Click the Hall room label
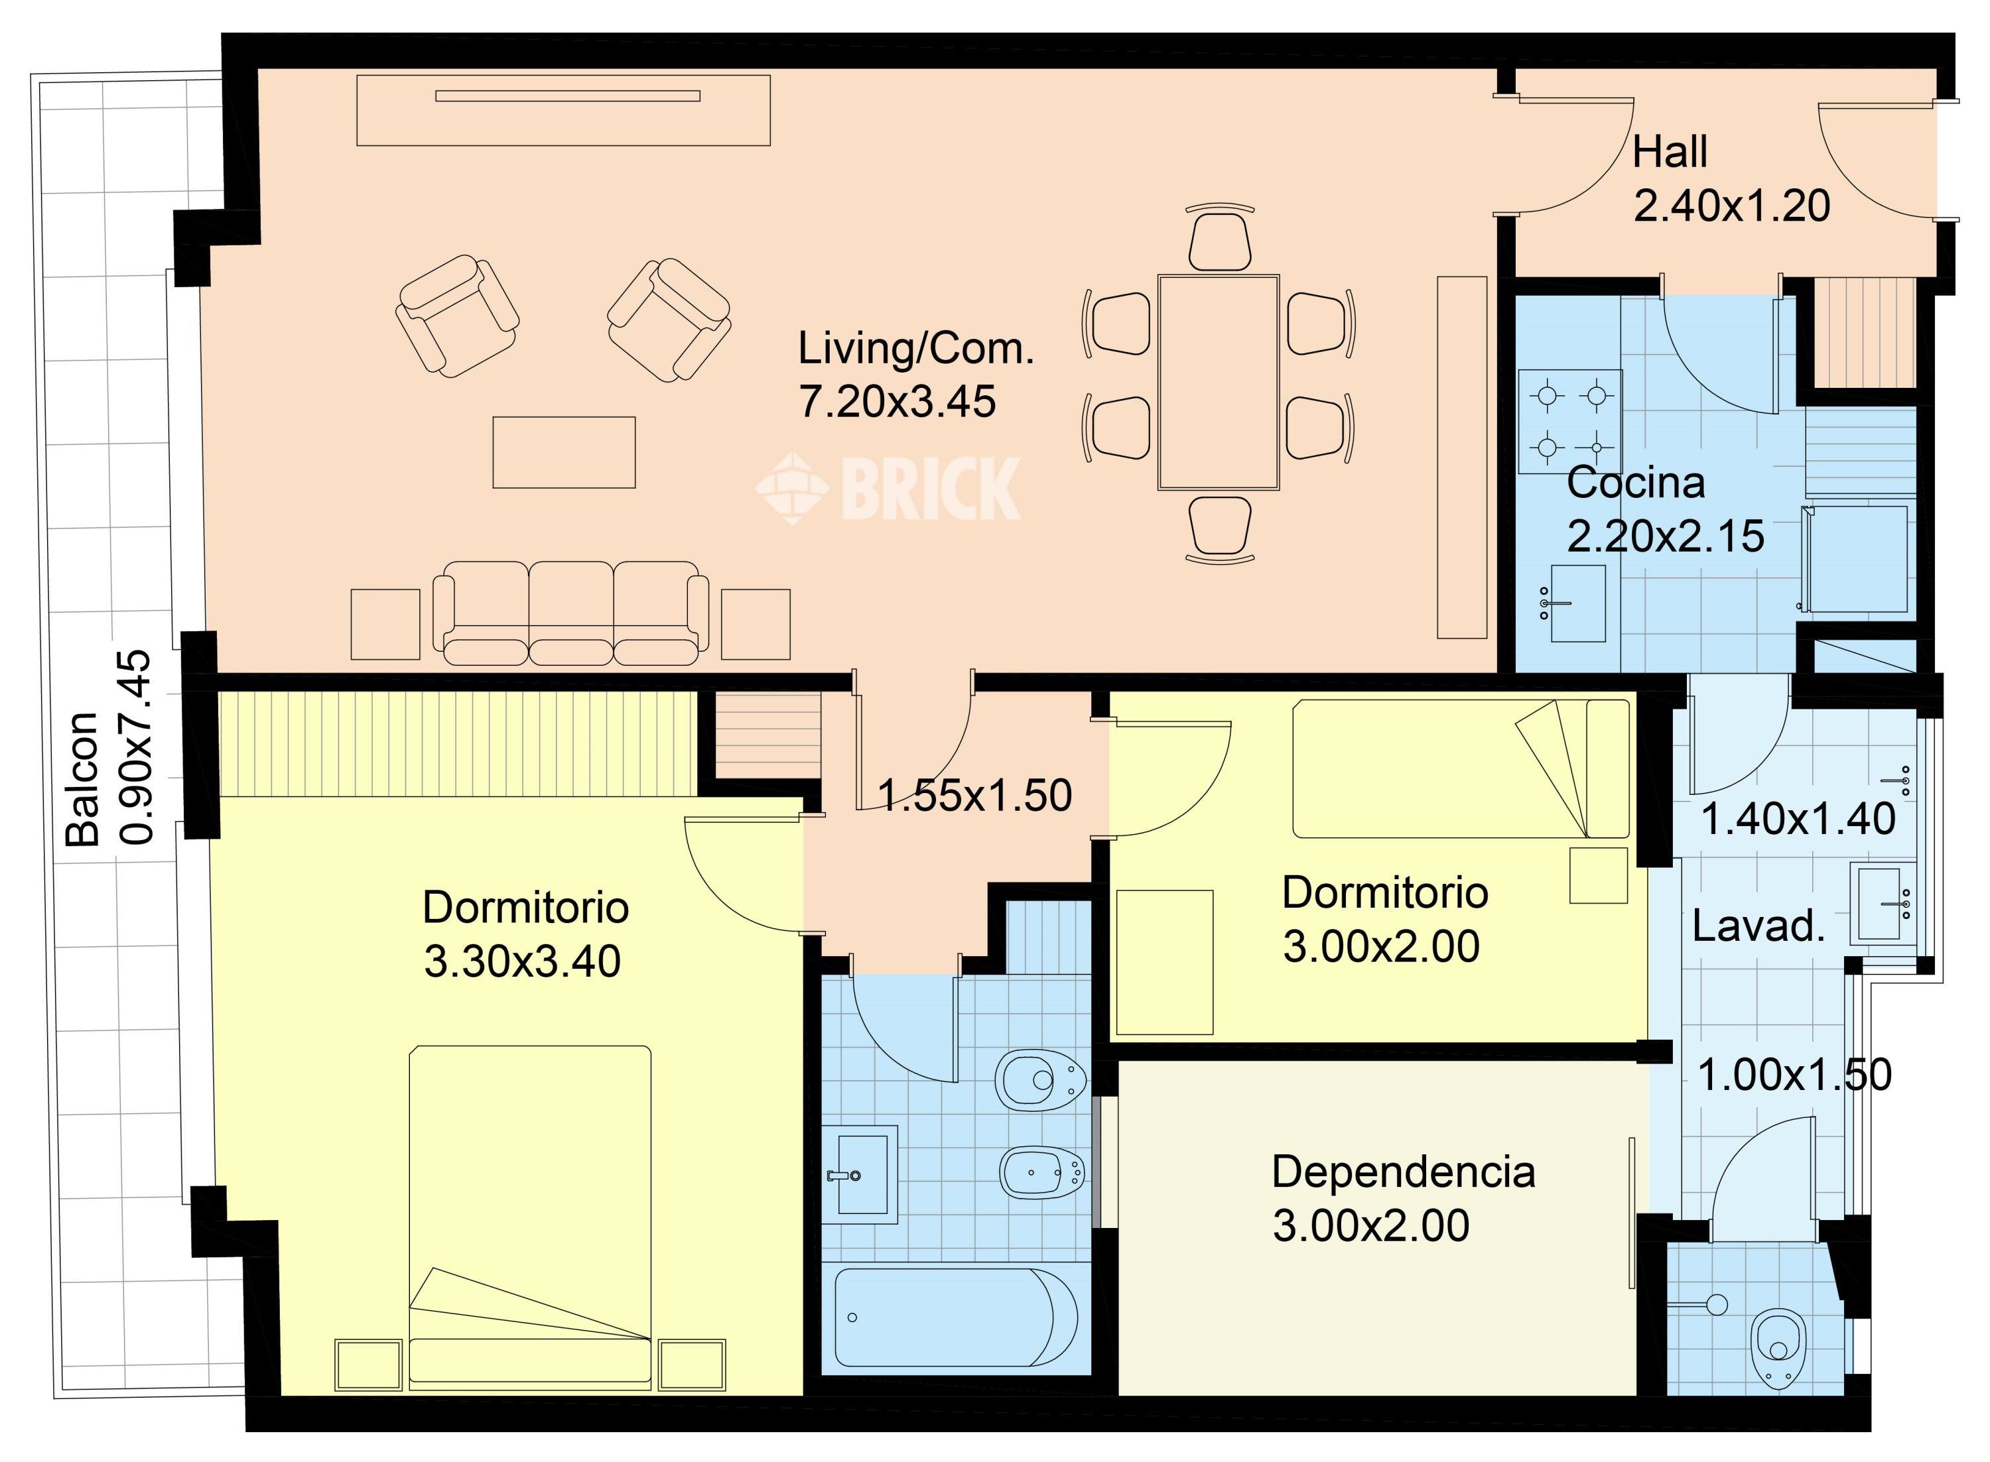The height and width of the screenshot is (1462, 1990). (1670, 152)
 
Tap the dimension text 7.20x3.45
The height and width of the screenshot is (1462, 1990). (897, 402)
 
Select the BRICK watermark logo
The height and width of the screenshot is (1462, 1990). (888, 487)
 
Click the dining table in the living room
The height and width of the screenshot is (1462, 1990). (1218, 383)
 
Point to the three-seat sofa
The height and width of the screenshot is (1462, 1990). (571, 613)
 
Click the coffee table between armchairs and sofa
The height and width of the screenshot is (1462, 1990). (564, 452)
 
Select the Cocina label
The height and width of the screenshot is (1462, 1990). (1635, 483)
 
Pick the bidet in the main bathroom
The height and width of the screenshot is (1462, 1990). (1042, 1174)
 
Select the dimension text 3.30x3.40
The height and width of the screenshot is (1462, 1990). (522, 962)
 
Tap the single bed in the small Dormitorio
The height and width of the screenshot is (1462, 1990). (1461, 769)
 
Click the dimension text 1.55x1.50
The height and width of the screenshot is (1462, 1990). (974, 796)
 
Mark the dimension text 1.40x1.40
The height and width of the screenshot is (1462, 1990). (1798, 820)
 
